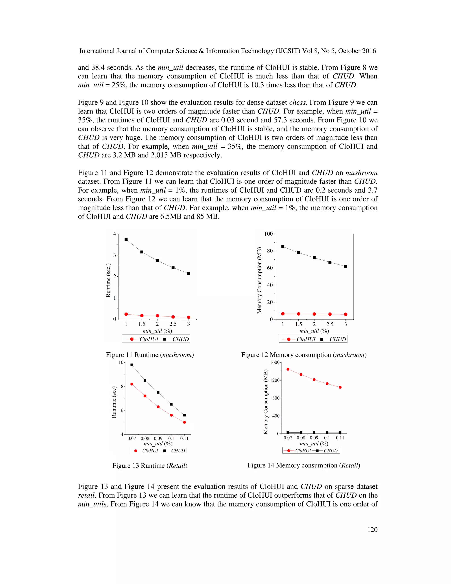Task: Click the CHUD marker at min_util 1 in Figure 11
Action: click(x=126, y=239)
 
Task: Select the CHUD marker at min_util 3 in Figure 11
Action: click(x=189, y=273)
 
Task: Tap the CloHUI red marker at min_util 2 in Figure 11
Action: click(x=157, y=316)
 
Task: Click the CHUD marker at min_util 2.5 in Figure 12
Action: click(x=330, y=262)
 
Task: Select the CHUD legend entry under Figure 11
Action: click(x=176, y=339)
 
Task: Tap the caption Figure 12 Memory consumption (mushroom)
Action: click(x=304, y=355)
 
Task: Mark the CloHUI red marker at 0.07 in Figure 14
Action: click(x=288, y=369)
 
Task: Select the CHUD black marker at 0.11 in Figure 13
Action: click(x=184, y=415)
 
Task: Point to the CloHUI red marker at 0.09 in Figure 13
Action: click(x=158, y=407)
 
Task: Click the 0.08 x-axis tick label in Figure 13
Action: click(x=145, y=439)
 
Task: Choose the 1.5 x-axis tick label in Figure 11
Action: click(x=142, y=324)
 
